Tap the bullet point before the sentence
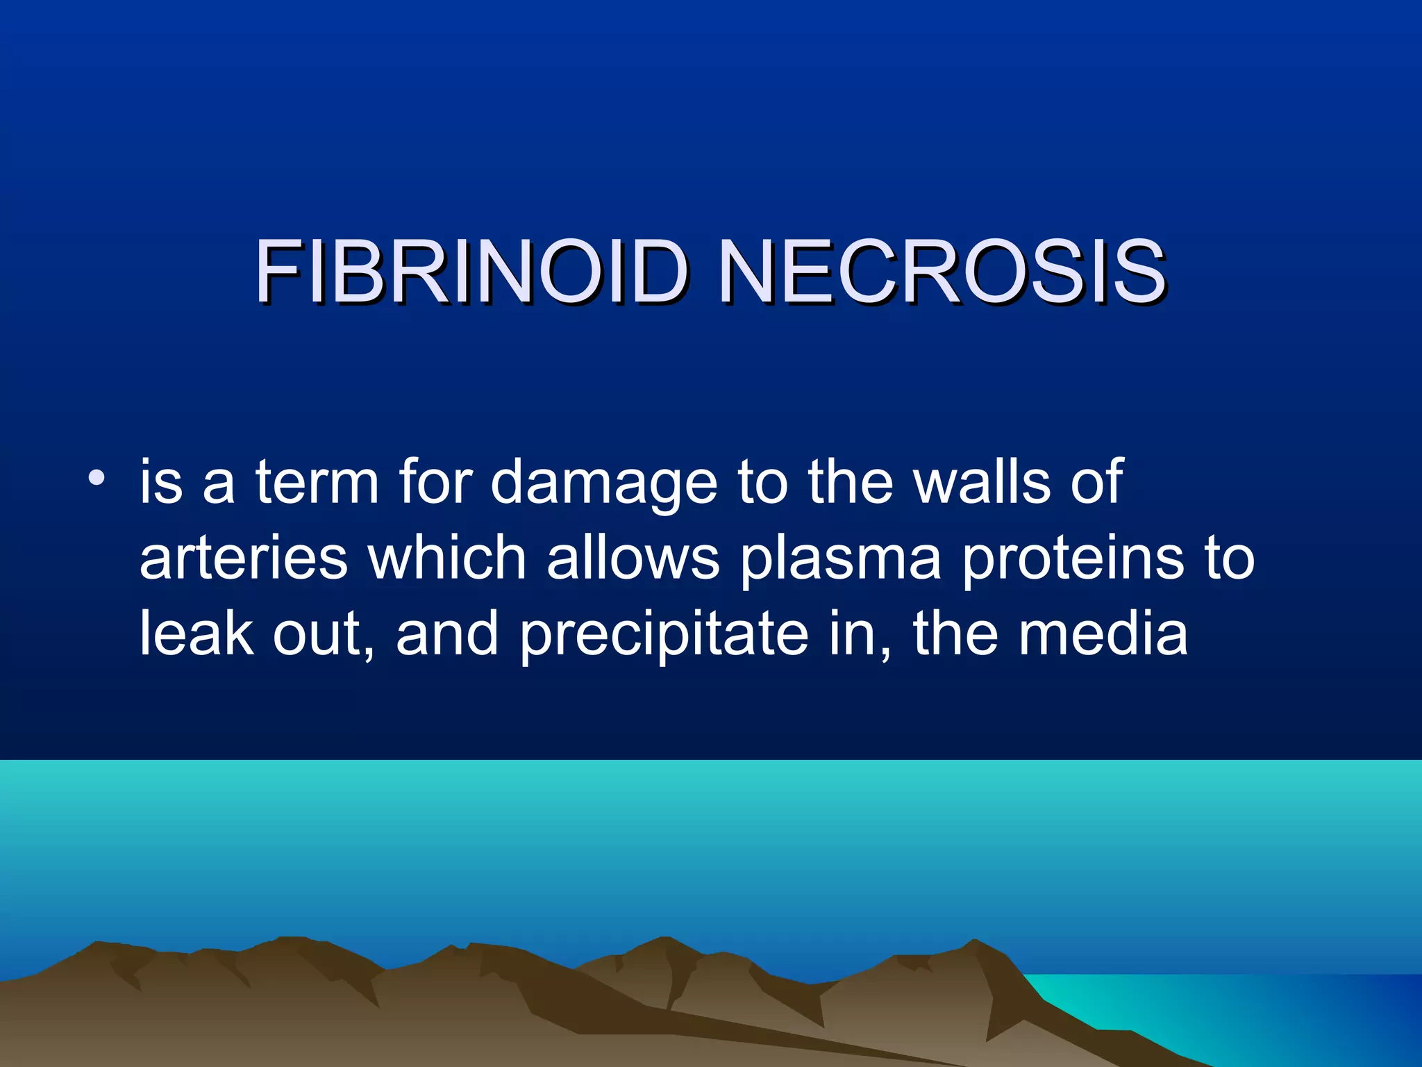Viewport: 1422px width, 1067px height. [97, 479]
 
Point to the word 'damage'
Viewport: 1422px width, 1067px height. [603, 485]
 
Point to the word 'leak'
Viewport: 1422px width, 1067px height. [196, 634]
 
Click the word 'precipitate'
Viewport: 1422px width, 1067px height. [664, 637]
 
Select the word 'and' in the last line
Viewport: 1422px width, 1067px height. [447, 634]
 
